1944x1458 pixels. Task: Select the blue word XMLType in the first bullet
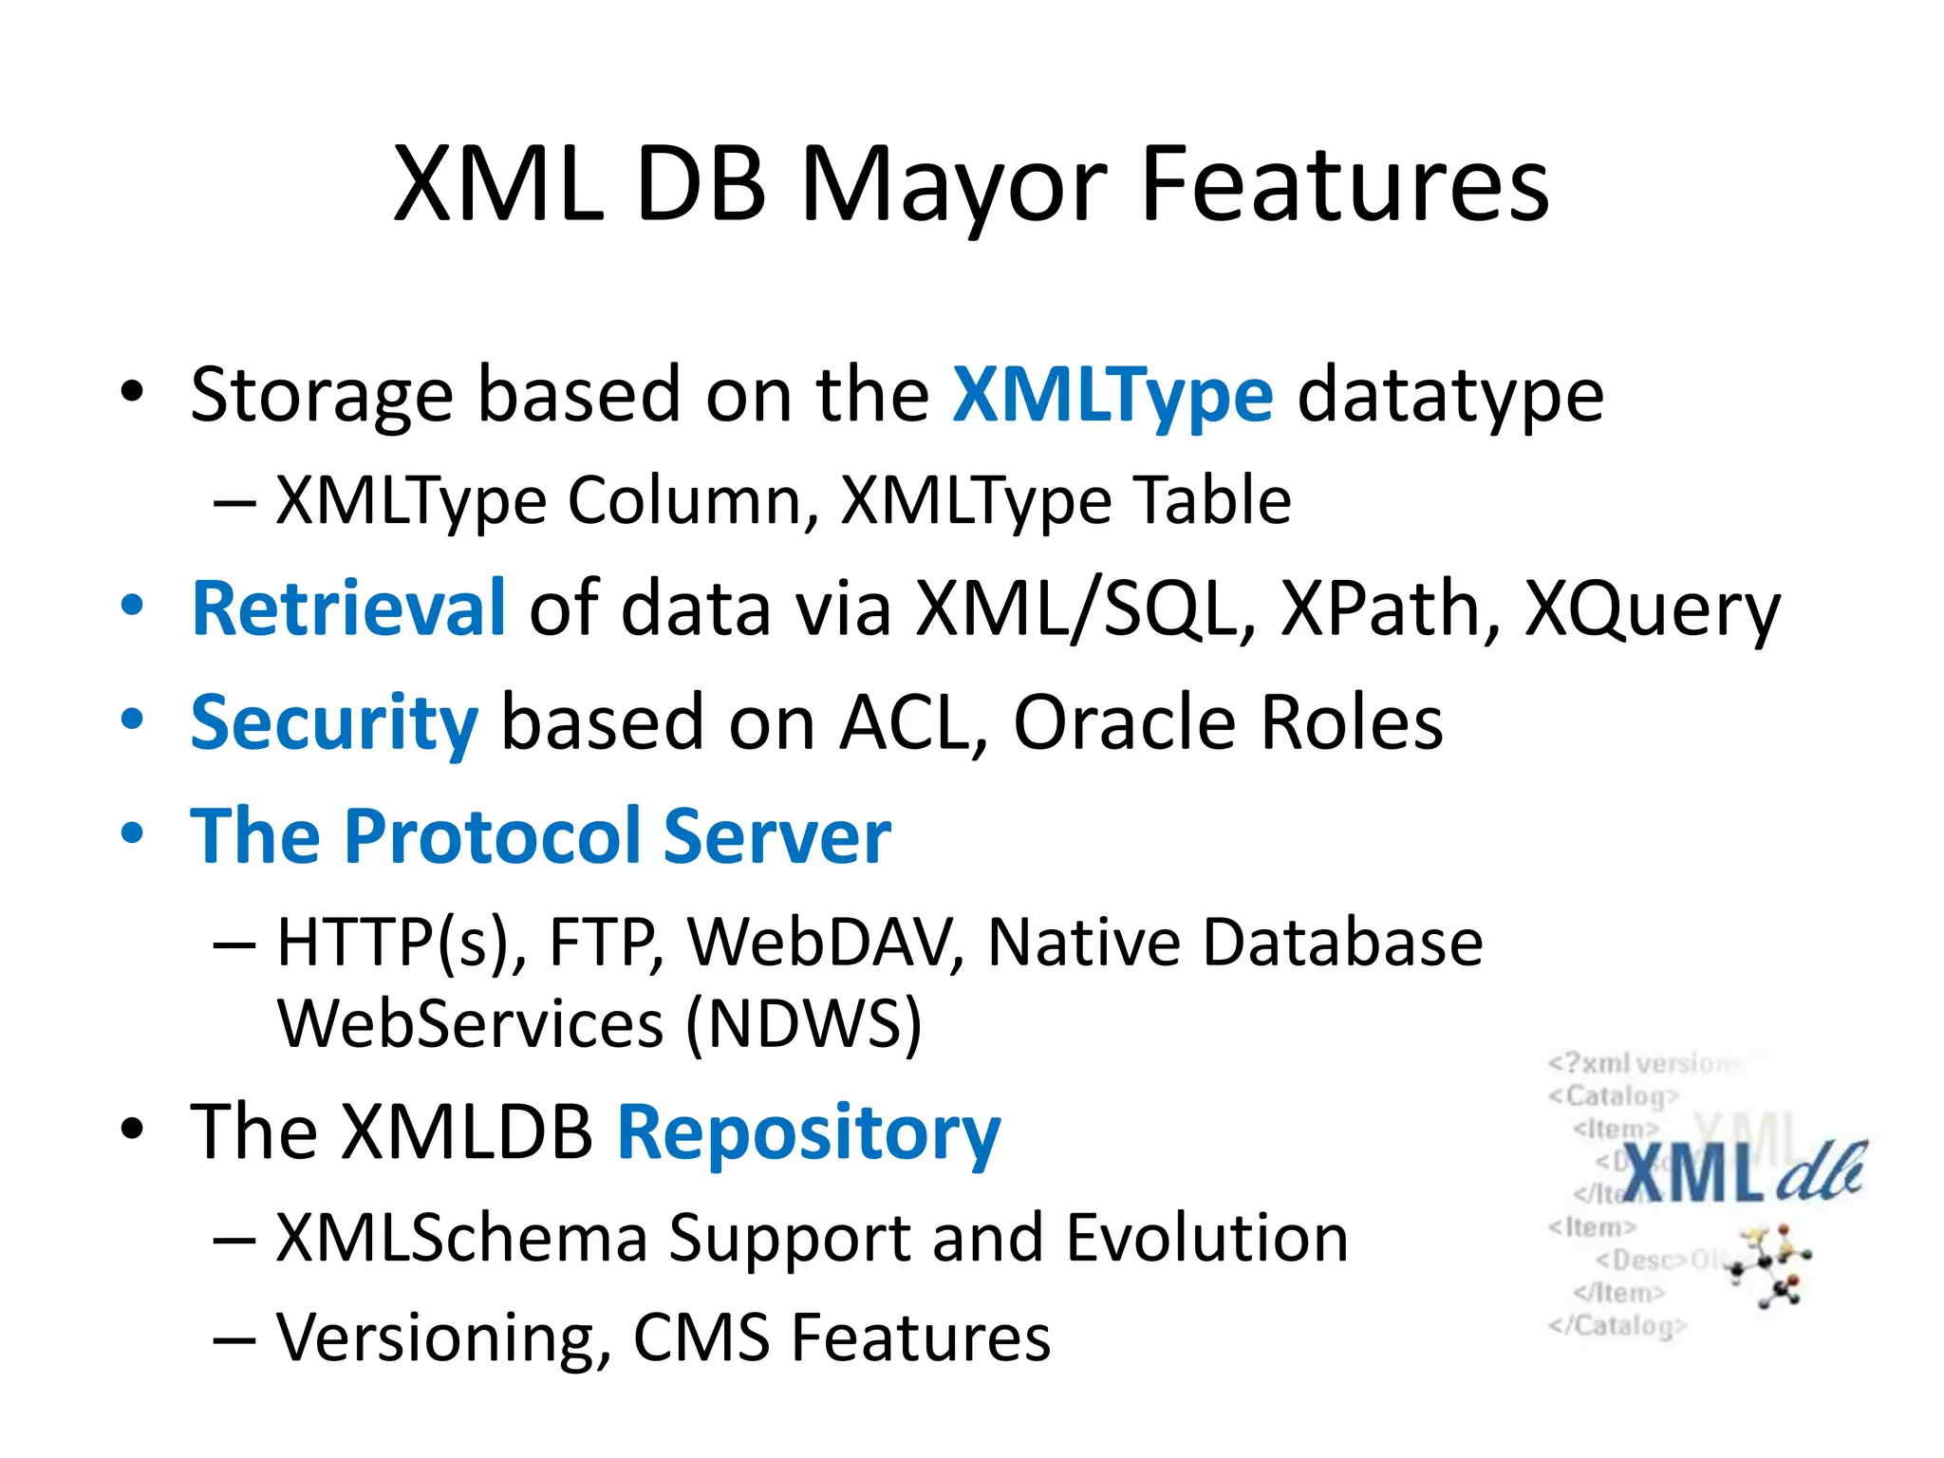[x=1112, y=395]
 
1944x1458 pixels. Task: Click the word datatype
[x=1449, y=395]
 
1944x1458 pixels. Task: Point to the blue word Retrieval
[x=347, y=607]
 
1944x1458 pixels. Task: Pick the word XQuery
[x=1652, y=609]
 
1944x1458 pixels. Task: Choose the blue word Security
[x=334, y=723]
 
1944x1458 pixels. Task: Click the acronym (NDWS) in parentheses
[x=803, y=1024]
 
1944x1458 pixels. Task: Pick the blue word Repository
[x=809, y=1133]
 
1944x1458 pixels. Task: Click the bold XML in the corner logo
[x=1692, y=1173]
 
